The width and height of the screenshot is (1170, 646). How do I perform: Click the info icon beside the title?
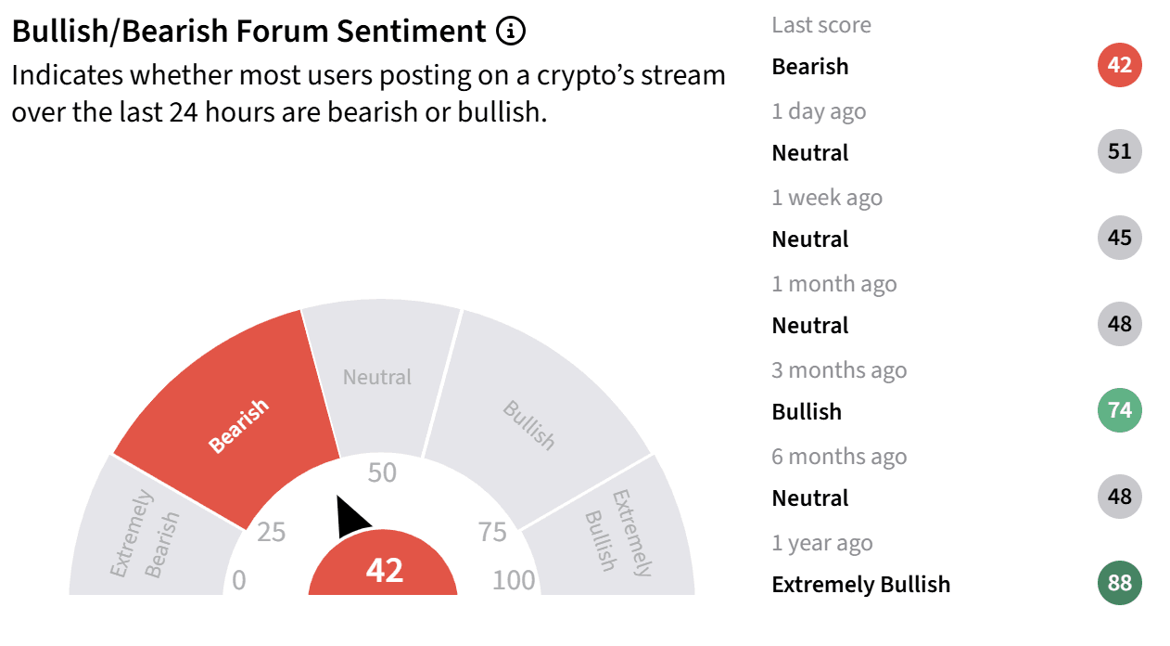[510, 31]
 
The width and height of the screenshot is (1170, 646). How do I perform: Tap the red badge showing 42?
[1119, 65]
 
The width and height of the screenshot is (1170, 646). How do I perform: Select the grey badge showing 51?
[1119, 151]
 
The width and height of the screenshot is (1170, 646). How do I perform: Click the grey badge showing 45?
[1119, 238]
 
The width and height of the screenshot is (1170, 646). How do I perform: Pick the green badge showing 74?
[1119, 410]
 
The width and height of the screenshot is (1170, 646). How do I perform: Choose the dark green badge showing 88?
[1119, 583]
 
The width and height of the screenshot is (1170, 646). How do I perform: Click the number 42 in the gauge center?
[385, 570]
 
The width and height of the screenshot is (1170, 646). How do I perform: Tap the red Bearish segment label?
[238, 426]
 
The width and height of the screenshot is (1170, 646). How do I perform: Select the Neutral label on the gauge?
[377, 377]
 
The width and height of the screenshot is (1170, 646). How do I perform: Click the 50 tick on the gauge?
[382, 472]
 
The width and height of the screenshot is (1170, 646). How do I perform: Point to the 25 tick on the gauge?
[271, 533]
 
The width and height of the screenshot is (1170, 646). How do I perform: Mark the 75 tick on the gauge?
[492, 533]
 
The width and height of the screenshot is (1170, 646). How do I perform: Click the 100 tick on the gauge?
[514, 581]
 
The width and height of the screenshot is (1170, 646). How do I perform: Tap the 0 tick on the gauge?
[238, 581]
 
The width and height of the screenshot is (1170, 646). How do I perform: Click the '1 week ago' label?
[827, 198]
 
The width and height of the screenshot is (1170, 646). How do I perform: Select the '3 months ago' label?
[839, 370]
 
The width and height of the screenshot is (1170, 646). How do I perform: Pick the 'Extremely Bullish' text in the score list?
[860, 585]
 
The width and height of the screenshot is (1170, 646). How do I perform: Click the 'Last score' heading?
[821, 25]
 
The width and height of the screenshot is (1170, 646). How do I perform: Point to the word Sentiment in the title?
[411, 31]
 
